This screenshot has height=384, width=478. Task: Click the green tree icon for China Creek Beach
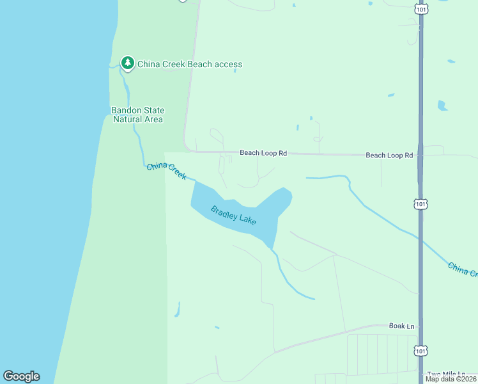click(x=128, y=63)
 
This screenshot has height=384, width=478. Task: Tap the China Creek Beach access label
click(x=189, y=64)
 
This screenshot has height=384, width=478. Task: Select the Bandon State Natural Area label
click(x=137, y=115)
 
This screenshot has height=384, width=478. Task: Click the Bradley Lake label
click(x=234, y=215)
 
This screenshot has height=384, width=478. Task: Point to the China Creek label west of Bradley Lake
click(x=166, y=171)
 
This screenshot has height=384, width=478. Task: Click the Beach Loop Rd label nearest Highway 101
click(x=389, y=156)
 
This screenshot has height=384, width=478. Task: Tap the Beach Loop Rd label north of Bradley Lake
click(x=263, y=153)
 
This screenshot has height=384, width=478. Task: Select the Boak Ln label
click(x=401, y=326)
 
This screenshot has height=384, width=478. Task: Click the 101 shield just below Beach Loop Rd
click(x=419, y=204)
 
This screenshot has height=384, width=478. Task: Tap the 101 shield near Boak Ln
click(x=419, y=351)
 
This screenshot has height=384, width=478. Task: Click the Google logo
click(x=21, y=376)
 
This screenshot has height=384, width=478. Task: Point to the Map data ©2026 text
click(x=451, y=379)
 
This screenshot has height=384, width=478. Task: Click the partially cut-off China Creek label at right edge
click(x=462, y=269)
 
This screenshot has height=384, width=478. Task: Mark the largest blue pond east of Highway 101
click(x=442, y=105)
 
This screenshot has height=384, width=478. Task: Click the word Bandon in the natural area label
click(x=126, y=110)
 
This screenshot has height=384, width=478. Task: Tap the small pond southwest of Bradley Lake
click(x=176, y=310)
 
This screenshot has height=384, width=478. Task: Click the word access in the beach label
click(x=228, y=64)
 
